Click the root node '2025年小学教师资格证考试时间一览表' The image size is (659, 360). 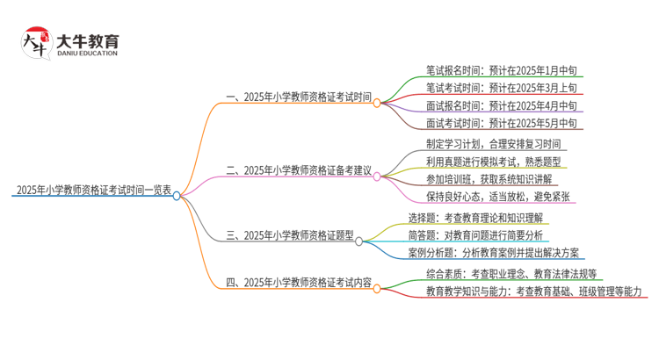92,190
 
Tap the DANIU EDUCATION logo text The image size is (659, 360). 85,54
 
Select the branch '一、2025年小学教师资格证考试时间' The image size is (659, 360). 298,97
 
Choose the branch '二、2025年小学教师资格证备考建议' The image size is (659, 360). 299,169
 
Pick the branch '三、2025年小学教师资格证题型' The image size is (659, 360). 289,235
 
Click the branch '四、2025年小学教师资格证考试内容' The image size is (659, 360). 299,283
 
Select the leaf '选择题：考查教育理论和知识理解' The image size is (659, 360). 475,217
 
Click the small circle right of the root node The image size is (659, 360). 177,196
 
